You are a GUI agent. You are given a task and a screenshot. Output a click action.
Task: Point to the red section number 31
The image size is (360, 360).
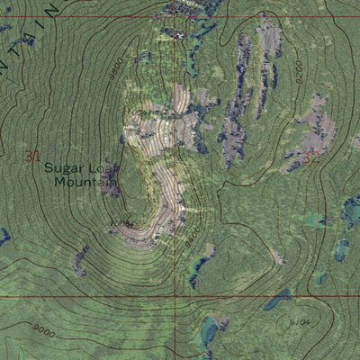(x=33, y=157)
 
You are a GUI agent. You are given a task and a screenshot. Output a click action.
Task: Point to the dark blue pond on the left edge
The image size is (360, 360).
(x=4, y=237)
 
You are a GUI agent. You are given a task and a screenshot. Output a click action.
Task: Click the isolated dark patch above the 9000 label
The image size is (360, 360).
(x=79, y=261)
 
